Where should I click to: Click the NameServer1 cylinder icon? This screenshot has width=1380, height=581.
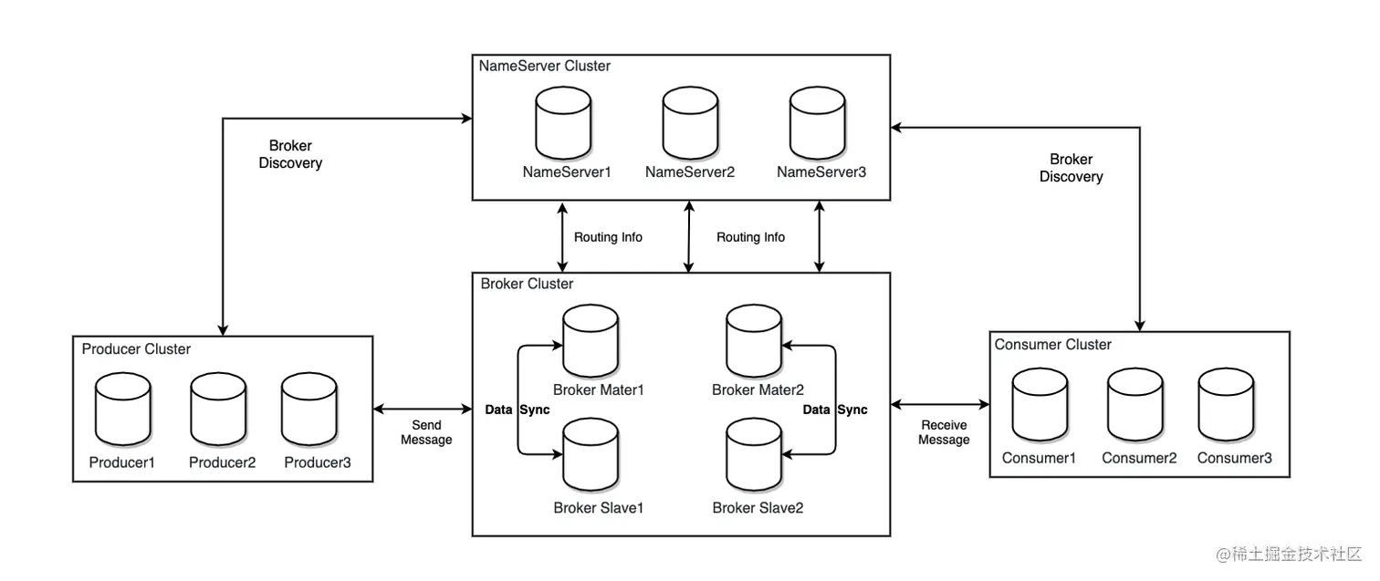(562, 124)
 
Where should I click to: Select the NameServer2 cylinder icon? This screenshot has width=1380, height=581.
(690, 124)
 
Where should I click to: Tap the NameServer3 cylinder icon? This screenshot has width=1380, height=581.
(817, 124)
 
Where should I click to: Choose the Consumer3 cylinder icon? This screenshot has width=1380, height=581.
(1226, 405)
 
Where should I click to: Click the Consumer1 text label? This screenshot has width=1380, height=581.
(1039, 458)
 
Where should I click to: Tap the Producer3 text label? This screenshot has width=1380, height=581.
(317, 462)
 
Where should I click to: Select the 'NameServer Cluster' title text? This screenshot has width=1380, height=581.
(545, 66)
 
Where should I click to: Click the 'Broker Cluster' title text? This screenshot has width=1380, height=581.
(527, 284)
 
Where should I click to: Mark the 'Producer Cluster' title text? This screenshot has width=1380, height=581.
(136, 348)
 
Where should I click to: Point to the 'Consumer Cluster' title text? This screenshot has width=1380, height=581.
(1052, 344)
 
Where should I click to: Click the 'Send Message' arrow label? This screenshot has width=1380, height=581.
(426, 432)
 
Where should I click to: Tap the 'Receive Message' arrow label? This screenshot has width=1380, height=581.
(944, 432)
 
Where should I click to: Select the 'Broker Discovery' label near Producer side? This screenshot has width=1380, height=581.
(290, 154)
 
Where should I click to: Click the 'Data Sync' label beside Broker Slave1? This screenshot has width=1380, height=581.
(517, 410)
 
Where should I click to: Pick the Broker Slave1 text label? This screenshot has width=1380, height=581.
(599, 507)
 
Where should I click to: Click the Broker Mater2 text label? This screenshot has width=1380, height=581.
(758, 389)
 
